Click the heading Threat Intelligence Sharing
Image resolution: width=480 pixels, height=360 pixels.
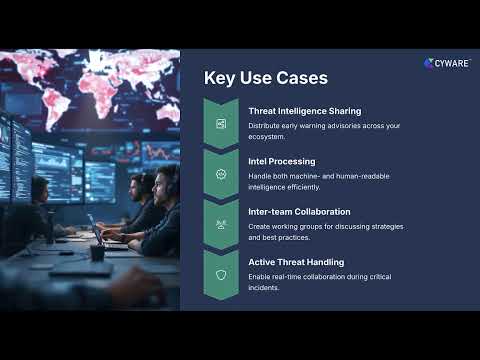[x=305, y=111]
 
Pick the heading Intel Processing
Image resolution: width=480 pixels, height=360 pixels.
[x=282, y=160]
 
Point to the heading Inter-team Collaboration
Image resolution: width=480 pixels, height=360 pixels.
[x=299, y=211]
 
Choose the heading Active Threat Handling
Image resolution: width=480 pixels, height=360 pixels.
[x=297, y=262]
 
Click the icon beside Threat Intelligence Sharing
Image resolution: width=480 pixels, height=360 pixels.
[x=220, y=123]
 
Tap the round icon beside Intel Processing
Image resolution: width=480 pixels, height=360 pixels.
[x=220, y=174]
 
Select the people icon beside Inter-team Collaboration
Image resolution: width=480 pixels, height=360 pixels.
[x=220, y=225]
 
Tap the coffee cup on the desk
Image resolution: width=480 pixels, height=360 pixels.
[x=98, y=252]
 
